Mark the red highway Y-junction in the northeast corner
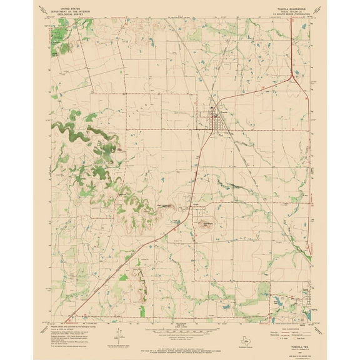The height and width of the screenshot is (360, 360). (293, 78)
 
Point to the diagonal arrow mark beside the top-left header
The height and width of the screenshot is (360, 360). (41, 7)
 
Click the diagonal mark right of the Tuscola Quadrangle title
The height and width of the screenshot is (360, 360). (318, 7)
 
